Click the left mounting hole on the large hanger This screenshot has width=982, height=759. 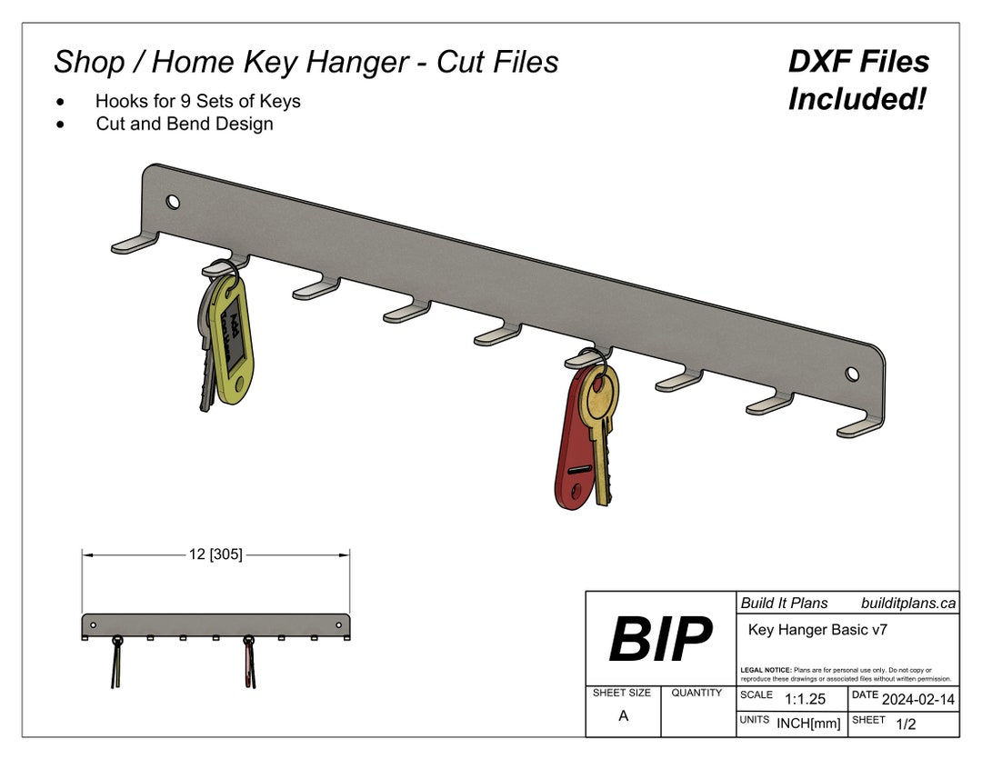173,202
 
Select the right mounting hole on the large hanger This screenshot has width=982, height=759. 852,374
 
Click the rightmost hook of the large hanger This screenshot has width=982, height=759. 858,425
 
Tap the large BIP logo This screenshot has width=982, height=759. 660,639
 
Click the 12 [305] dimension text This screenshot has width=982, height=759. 215,554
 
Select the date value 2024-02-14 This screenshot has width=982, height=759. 918,698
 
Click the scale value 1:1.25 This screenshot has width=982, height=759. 805,698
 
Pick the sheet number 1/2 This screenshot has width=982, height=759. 906,724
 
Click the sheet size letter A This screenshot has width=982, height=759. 623,716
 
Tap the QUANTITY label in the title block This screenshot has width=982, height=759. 696,693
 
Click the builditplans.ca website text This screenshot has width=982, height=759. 907,603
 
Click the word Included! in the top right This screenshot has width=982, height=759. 857,99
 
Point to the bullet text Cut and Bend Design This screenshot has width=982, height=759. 185,124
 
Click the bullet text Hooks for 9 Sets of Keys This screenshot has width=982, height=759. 197,101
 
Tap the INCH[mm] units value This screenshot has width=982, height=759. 808,724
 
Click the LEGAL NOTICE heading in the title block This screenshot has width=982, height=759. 766,670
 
